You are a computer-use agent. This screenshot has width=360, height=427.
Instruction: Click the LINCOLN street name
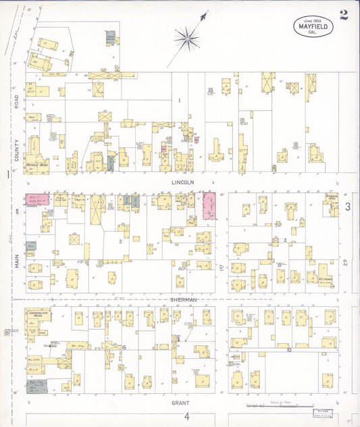coord(182,182)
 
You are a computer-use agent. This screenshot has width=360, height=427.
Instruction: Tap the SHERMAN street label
coord(184,299)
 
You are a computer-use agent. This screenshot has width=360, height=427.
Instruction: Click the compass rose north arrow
coord(188,37)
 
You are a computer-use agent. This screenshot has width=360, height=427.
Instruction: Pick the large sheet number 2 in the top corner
coord(344,15)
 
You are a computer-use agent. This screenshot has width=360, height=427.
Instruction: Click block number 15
coord(124,347)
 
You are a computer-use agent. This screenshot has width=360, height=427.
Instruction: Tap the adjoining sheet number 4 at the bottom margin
coord(187,416)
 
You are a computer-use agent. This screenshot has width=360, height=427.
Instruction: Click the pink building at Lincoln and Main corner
coord(38,199)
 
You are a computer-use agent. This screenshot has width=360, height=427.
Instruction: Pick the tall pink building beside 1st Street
coord(209,205)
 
